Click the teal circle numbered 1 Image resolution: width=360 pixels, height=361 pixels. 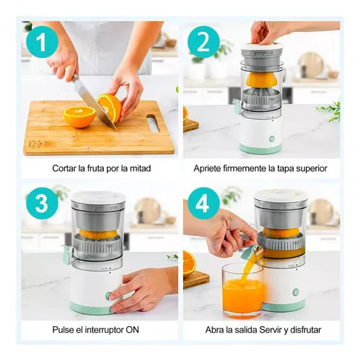point(42,42)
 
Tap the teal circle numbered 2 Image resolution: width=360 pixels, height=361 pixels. point(203,42)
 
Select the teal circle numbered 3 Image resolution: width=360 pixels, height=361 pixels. point(42,204)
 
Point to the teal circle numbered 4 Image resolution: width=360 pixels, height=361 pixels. point(203,204)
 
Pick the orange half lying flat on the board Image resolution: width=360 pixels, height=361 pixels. point(79,117)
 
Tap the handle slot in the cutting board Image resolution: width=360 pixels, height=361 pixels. point(153,123)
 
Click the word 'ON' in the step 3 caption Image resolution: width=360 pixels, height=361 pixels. point(132,330)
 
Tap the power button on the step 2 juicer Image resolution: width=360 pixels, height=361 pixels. point(272,139)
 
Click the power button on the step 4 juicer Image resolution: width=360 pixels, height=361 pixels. point(296,292)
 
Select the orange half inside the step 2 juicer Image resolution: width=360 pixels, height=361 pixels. point(261,79)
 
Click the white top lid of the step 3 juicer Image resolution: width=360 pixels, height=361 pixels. point(98,197)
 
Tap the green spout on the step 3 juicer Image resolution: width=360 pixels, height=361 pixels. point(67,254)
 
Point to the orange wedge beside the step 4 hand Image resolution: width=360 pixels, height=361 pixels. point(190,263)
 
